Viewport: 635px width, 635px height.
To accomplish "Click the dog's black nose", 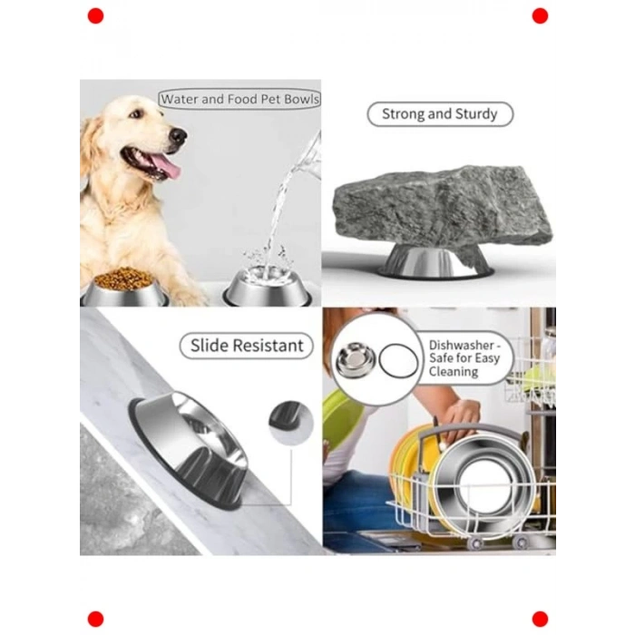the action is [178, 136].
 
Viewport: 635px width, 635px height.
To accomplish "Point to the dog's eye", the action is [136, 114].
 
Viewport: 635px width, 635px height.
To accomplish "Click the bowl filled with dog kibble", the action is [124, 288].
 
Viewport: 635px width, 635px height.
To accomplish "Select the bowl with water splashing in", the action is [268, 287].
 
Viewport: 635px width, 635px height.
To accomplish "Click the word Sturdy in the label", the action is [476, 114].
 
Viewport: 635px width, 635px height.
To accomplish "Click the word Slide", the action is [209, 346].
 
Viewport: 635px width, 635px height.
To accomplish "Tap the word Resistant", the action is [269, 346].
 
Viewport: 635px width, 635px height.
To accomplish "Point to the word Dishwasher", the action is [462, 345].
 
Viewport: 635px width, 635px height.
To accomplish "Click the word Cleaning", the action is [454, 371].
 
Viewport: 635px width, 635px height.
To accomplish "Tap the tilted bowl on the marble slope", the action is [189, 449].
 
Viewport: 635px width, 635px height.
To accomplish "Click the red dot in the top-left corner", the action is [95, 16].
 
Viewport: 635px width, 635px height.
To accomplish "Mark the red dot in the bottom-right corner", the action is [540, 620].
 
